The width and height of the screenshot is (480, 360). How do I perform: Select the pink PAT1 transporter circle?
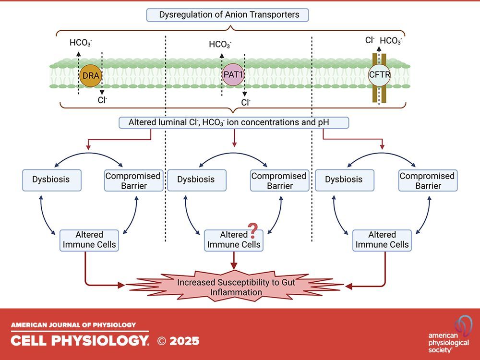[233, 75]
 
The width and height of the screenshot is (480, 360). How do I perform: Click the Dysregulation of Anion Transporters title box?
[227, 15]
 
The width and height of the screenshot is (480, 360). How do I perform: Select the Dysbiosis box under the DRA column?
[51, 180]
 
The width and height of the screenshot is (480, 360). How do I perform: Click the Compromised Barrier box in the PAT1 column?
[278, 180]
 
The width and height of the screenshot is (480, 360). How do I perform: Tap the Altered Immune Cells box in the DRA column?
[89, 240]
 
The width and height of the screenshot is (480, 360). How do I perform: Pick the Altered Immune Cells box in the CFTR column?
[382, 240]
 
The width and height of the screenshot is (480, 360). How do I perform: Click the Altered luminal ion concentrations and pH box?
[234, 122]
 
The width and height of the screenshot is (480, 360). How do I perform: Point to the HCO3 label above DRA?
[81, 42]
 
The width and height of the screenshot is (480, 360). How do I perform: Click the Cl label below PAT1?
[245, 102]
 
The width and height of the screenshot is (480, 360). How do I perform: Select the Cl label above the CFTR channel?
[370, 40]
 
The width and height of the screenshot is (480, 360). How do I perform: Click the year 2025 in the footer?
[185, 341]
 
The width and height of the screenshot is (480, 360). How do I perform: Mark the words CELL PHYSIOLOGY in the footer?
[80, 341]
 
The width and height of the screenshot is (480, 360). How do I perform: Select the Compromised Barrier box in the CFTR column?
[427, 180]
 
